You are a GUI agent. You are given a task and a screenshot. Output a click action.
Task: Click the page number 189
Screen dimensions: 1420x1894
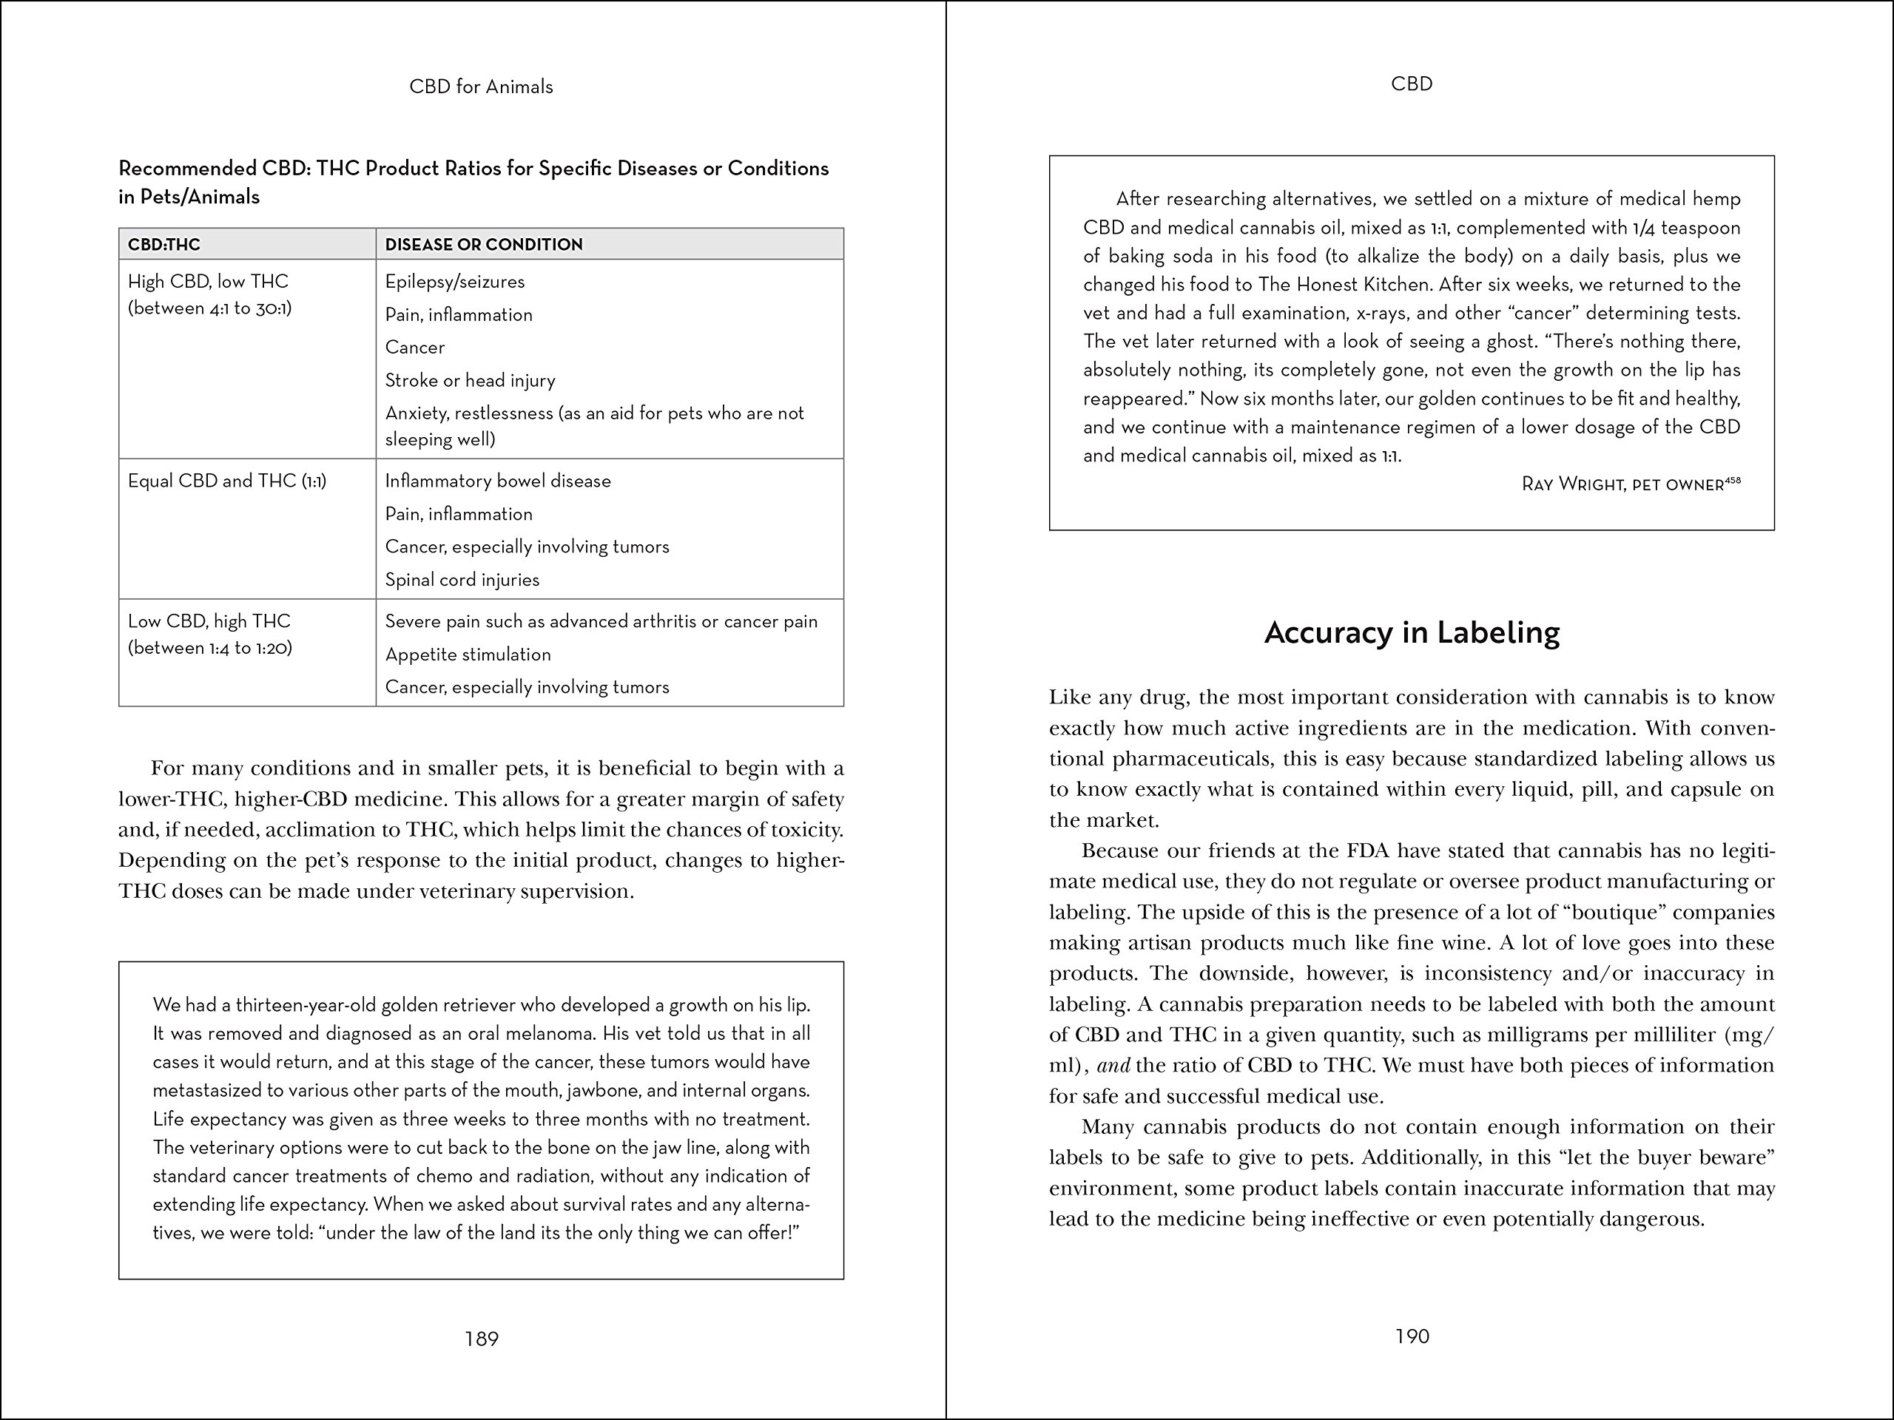click(481, 1339)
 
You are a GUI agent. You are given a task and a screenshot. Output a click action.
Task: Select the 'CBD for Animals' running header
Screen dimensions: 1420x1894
click(481, 87)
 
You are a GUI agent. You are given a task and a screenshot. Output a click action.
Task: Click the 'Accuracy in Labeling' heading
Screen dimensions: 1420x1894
click(1412, 632)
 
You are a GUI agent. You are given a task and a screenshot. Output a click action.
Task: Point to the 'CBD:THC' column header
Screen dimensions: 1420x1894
click(164, 245)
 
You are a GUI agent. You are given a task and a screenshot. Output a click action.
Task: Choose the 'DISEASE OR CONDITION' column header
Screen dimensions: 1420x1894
click(484, 245)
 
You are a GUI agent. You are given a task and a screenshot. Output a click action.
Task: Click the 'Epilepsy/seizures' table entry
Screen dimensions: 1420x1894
click(455, 282)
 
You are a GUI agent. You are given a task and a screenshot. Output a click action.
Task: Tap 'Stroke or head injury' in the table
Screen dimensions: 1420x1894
click(470, 380)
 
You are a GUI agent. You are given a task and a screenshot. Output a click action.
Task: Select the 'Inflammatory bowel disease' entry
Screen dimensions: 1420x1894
click(497, 481)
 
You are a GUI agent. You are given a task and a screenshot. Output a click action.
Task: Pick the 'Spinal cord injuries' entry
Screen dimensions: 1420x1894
click(462, 580)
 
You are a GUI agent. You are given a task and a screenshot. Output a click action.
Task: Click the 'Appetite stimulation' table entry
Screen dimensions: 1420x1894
click(468, 654)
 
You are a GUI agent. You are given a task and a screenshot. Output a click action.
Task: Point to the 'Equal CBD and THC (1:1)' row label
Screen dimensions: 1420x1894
click(227, 481)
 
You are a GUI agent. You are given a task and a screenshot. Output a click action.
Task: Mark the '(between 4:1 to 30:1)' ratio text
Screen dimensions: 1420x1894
click(210, 308)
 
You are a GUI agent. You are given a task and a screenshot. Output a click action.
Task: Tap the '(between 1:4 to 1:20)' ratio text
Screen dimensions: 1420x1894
click(210, 648)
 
